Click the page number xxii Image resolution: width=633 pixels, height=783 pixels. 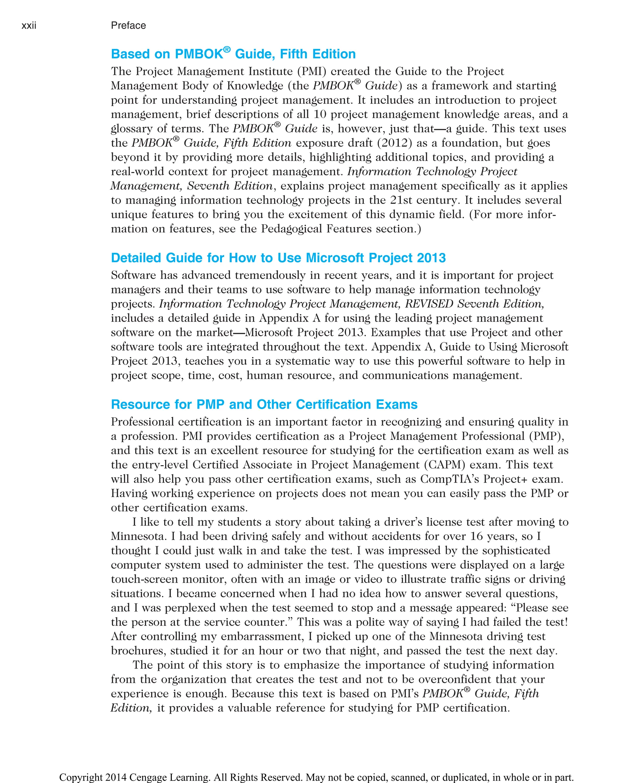tap(29, 26)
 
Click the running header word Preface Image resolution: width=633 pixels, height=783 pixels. tap(128, 26)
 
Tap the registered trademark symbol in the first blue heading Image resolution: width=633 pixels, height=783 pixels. tap(227, 49)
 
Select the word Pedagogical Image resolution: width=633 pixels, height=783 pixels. tap(292, 229)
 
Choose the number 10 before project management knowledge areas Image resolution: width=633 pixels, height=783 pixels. tap(320, 114)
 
